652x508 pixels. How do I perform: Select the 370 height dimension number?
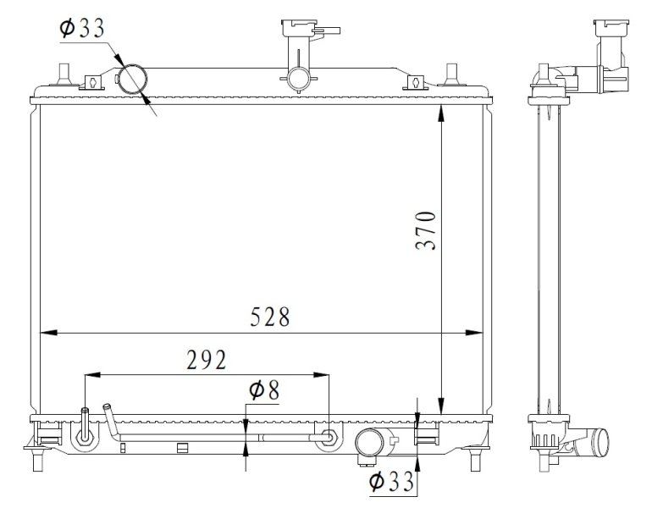coord(425,229)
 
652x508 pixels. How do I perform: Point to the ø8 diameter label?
coord(263,390)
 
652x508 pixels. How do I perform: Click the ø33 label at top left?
coord(82,28)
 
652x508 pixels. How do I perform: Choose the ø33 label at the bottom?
coord(391,482)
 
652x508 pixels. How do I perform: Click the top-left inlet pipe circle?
coord(132,80)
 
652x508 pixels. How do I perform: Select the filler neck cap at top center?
coord(298,34)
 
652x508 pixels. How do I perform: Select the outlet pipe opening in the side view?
coord(600,442)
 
